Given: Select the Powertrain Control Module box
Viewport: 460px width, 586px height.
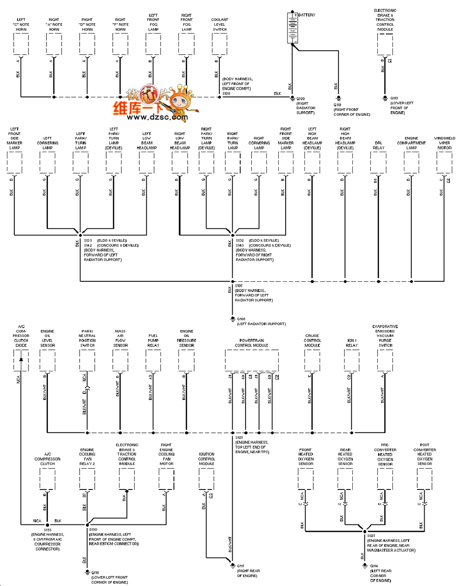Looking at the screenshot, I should click(252, 360).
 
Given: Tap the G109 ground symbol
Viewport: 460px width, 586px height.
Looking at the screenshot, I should click(292, 98).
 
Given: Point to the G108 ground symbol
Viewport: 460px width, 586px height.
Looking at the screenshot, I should click(233, 319).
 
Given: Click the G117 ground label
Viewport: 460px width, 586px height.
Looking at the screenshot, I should click(241, 566).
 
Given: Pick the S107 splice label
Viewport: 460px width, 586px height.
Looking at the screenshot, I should click(239, 286).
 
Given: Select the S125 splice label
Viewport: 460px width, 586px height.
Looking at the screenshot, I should click(239, 438).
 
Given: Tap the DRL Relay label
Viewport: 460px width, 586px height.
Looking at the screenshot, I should click(379, 146).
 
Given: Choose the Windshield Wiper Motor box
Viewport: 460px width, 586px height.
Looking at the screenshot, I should click(444, 162).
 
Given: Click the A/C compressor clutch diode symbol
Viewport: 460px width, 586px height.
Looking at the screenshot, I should click(21, 359).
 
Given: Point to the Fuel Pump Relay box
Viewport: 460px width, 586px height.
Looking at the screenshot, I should click(153, 360).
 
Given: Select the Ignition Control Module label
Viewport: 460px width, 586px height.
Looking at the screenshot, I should click(207, 459).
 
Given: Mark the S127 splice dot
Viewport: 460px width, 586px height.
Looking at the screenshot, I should click(365, 531).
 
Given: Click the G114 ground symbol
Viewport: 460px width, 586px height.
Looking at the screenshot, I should click(365, 566).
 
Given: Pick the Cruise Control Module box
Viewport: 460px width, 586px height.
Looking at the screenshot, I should click(312, 360).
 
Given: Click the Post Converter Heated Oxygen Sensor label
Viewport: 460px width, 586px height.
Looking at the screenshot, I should click(425, 454).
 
